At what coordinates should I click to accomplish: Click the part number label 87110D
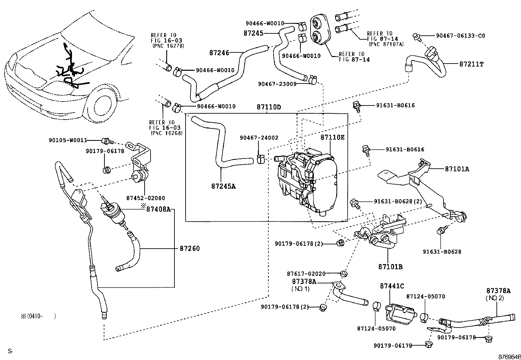click(269, 107)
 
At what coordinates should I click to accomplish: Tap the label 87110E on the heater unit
click(332, 138)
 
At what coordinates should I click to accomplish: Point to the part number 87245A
click(224, 186)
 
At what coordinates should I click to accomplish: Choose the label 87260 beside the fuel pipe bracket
click(189, 248)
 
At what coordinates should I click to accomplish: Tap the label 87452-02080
click(146, 198)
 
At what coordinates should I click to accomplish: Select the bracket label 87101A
click(457, 169)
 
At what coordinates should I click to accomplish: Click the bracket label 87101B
click(390, 267)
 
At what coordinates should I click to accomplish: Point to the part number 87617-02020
click(306, 274)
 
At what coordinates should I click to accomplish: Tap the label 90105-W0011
click(68, 140)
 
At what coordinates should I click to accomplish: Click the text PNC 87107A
click(386, 44)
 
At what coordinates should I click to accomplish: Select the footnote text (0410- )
click(38, 316)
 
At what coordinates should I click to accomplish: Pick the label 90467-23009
click(277, 84)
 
